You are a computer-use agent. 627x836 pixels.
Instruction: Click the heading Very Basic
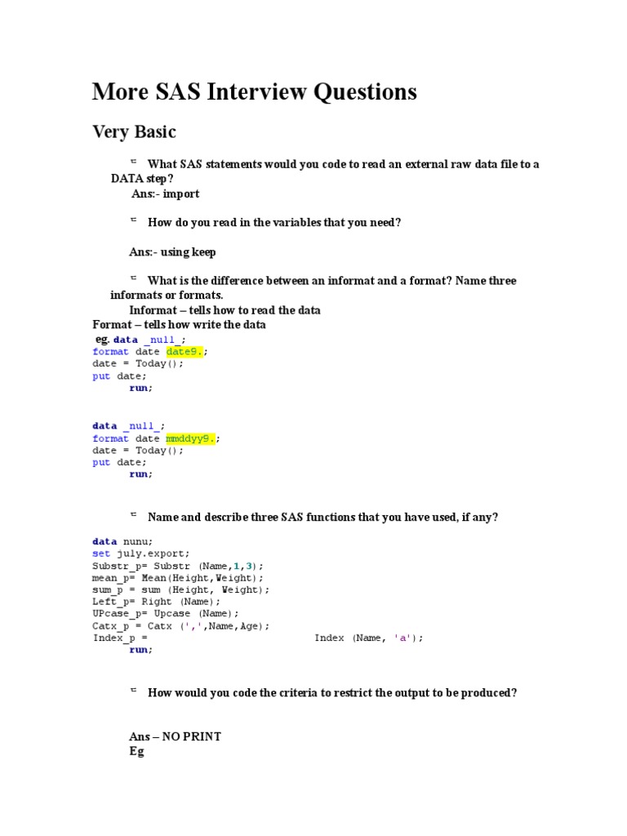134,132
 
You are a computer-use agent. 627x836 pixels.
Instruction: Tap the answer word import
182,193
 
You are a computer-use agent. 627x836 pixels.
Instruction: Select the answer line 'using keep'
172,251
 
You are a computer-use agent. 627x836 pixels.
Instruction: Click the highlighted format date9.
185,351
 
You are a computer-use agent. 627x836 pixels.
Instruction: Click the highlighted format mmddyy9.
190,438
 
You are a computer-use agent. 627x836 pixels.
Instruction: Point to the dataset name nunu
136,541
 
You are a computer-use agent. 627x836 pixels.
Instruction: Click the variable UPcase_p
115,614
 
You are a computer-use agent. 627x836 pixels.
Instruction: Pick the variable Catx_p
110,626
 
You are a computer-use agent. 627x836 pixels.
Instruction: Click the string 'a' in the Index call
402,638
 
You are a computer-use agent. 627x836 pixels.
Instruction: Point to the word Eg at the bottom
136,751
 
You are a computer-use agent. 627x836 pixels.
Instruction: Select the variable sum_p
107,589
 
